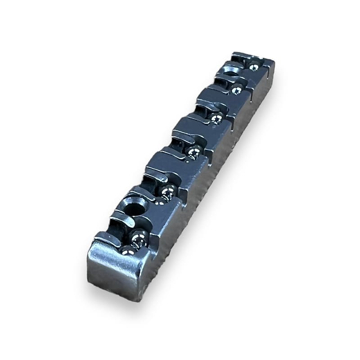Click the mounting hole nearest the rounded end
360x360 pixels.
135,209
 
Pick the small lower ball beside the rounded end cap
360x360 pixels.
128,250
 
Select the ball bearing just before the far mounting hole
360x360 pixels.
236,90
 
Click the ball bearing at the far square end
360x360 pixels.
254,67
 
